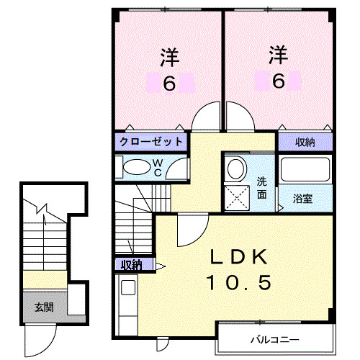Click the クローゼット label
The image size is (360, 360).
pyautogui.click(x=150, y=141)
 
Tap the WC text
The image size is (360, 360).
pyautogui.click(x=158, y=168)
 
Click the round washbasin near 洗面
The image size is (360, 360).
pyautogui.click(x=235, y=169)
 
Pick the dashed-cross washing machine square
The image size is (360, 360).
pyautogui.click(x=235, y=196)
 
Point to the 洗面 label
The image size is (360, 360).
pyautogui.click(x=263, y=187)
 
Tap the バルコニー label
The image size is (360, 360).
pyautogui.click(x=274, y=338)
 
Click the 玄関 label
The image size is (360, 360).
pyautogui.click(x=45, y=307)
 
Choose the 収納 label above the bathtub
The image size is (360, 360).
pyautogui.click(x=305, y=141)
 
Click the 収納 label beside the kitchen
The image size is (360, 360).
pyautogui.click(x=132, y=265)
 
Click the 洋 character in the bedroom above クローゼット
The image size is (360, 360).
pyautogui.click(x=168, y=55)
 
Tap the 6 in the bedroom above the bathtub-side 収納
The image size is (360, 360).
pyautogui.click(x=279, y=81)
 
